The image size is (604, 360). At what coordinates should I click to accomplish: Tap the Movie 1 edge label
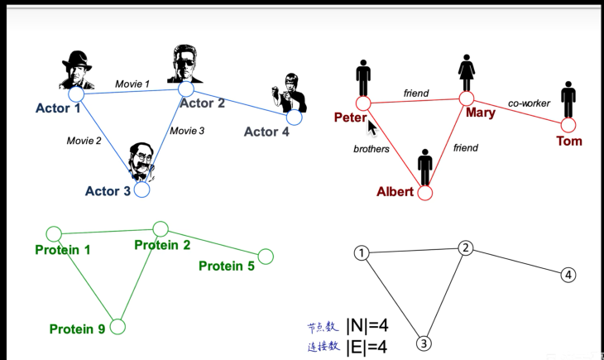click(x=132, y=84)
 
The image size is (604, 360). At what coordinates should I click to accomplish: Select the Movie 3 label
click(x=187, y=131)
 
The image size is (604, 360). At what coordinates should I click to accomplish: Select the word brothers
click(x=372, y=149)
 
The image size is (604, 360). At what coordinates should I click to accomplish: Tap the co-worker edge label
click(x=529, y=103)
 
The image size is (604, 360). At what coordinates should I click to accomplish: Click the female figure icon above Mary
click(x=467, y=73)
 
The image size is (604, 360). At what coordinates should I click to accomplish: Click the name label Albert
click(x=395, y=191)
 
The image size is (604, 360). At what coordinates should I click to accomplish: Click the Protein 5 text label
click(x=227, y=266)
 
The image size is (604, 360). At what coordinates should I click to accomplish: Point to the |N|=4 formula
click(x=367, y=326)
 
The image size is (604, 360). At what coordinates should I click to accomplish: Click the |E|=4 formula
click(x=367, y=348)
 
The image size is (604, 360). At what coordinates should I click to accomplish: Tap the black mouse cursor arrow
click(x=372, y=127)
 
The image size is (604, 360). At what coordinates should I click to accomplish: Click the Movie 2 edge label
click(x=84, y=141)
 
